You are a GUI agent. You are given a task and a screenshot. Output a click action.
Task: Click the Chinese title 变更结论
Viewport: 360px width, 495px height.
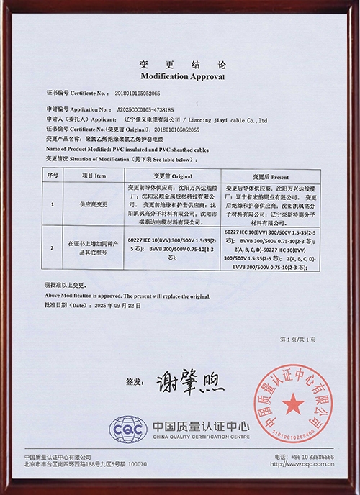tap(179, 64)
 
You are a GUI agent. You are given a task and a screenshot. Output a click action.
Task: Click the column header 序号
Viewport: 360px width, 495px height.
tap(52, 176)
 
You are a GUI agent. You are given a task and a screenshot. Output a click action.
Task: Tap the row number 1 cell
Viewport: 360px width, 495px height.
tap(52, 204)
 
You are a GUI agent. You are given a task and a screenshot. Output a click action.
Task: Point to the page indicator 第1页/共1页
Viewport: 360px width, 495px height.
tap(296, 337)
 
